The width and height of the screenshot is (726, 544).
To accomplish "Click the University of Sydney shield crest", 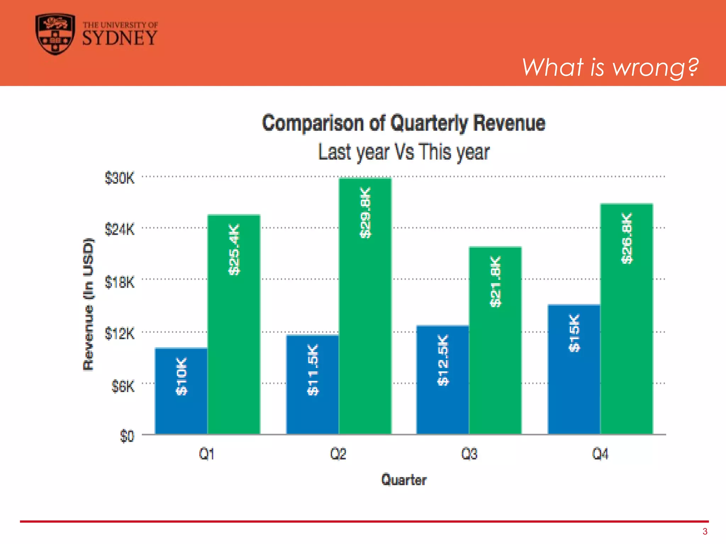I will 55,34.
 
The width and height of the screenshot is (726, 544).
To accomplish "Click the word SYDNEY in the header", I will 119,38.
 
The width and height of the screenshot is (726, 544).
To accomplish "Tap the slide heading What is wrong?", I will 610,67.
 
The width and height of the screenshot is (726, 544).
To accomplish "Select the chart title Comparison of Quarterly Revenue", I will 403,123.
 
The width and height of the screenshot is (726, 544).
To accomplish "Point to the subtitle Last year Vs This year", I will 403,152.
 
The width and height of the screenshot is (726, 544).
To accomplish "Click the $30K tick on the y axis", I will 119,178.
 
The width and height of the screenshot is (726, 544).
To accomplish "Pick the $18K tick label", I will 119,283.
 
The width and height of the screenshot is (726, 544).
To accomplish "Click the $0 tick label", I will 127,436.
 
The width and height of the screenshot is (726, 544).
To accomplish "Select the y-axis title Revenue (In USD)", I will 88,305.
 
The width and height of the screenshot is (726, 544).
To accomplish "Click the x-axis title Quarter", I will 403,480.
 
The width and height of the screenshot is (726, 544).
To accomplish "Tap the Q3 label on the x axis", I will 469,454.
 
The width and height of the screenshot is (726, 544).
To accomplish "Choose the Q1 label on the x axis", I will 207,454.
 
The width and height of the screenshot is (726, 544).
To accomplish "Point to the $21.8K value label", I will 495,282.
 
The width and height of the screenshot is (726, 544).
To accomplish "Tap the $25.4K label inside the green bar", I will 234,249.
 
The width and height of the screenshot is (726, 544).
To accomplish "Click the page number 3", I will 705,531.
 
